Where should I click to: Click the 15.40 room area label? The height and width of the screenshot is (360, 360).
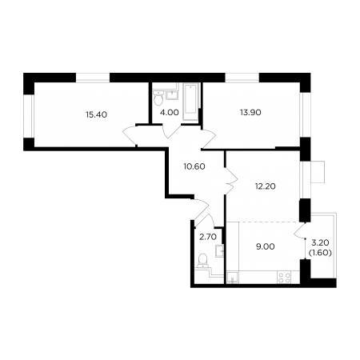(96, 114)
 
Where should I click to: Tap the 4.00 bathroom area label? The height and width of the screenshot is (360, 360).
(170, 112)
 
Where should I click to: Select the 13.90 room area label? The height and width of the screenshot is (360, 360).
(250, 112)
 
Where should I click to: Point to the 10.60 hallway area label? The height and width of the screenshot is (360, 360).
(194, 166)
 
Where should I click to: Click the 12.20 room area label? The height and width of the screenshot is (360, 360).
(265, 186)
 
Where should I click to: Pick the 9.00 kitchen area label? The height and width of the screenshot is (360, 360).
(265, 246)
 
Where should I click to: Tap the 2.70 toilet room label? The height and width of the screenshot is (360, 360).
(208, 237)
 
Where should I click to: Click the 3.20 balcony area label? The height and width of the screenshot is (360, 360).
(320, 242)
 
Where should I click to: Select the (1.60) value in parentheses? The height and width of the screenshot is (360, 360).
(320, 253)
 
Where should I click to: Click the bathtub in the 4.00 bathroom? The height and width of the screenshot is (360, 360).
(191, 102)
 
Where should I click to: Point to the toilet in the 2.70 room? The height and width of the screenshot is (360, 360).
(202, 261)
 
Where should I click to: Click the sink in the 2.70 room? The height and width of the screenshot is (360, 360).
(219, 250)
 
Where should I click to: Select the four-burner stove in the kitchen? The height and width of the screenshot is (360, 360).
(284, 278)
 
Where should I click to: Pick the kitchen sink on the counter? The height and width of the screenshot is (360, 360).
(233, 278)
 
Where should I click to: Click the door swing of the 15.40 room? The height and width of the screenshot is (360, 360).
(130, 136)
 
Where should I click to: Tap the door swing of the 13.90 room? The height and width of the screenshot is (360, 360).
(208, 139)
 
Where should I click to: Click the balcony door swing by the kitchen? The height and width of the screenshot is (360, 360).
(299, 230)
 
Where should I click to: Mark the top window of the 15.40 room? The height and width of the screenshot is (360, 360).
(93, 78)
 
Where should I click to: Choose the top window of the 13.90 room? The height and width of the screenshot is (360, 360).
(242, 78)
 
